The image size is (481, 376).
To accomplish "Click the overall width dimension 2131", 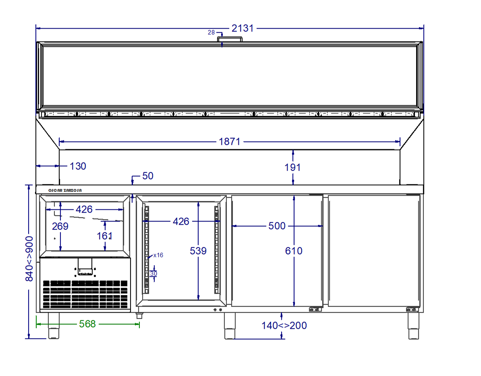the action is click(x=243, y=28).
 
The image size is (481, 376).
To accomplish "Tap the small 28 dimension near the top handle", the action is click(x=211, y=32).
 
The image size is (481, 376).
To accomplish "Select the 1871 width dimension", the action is click(x=230, y=142).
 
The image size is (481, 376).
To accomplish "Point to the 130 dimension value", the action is click(x=78, y=166).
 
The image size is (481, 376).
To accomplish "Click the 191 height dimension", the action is click(x=292, y=167).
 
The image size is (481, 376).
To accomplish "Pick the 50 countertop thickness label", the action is click(x=147, y=176).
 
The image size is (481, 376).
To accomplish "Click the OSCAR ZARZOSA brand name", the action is click(x=65, y=190).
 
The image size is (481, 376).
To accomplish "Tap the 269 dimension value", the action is click(x=60, y=226).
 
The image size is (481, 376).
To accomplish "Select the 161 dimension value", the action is click(x=105, y=236).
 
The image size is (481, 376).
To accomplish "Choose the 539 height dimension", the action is click(x=198, y=251).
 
